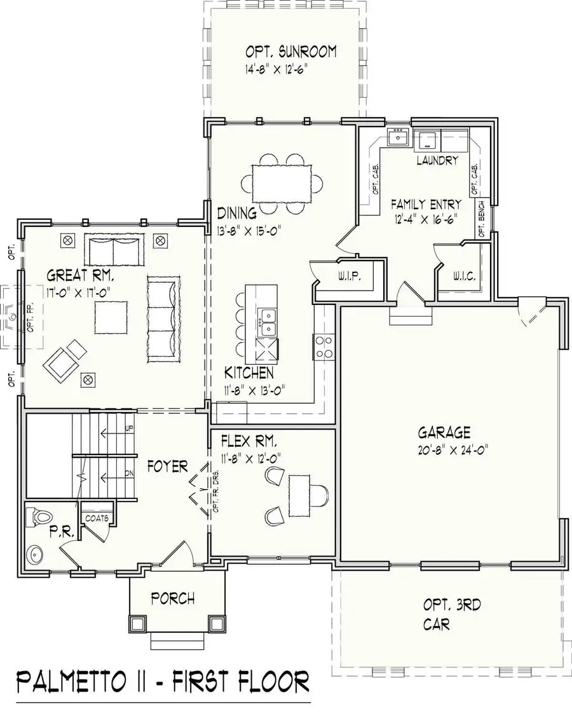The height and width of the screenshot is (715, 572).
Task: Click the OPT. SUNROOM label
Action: pos(291,51)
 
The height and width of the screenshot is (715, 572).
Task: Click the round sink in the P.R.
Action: pos(34,555)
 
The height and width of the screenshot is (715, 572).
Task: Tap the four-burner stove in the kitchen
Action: pos(323,348)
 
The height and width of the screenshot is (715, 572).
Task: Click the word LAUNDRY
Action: pos(437,161)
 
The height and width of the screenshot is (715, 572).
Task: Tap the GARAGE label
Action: pos(444,433)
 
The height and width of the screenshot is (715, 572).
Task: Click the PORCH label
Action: pos(172,598)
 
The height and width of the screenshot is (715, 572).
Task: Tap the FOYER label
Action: pos(167,466)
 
